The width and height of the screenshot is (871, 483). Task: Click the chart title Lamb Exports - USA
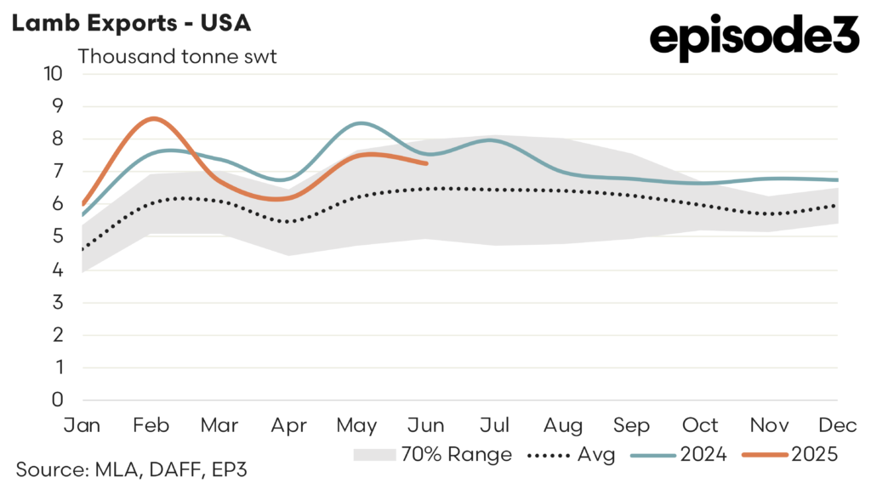pos(130,23)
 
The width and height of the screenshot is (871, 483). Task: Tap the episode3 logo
pos(754,37)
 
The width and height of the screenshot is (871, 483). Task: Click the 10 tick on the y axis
pos(54,73)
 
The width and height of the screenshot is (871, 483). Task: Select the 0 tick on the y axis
pos(58,400)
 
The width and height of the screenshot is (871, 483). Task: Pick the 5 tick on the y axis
pos(58,236)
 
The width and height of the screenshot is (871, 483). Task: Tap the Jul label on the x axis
pos(494,424)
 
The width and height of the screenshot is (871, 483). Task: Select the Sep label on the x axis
pos(631,424)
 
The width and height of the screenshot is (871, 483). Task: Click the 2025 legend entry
pos(790,454)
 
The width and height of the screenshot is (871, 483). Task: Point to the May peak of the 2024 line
pos(361,123)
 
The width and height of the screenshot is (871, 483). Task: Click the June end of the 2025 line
pos(425,163)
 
